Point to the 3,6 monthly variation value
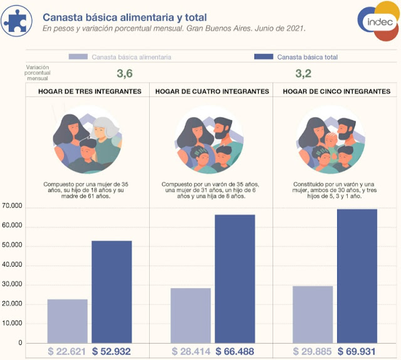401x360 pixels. tap(125, 73)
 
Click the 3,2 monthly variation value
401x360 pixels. tap(303, 73)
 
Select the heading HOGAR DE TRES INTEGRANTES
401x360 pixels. tap(89, 91)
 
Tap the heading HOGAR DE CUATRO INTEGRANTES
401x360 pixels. tap(212, 91)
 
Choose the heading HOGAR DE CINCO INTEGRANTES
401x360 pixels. tap(336, 91)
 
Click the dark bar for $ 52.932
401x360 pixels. tap(112, 292)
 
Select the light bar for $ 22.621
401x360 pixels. tap(67, 321)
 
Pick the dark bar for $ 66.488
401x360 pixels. tap(235, 279)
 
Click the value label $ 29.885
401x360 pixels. tap(313, 352)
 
